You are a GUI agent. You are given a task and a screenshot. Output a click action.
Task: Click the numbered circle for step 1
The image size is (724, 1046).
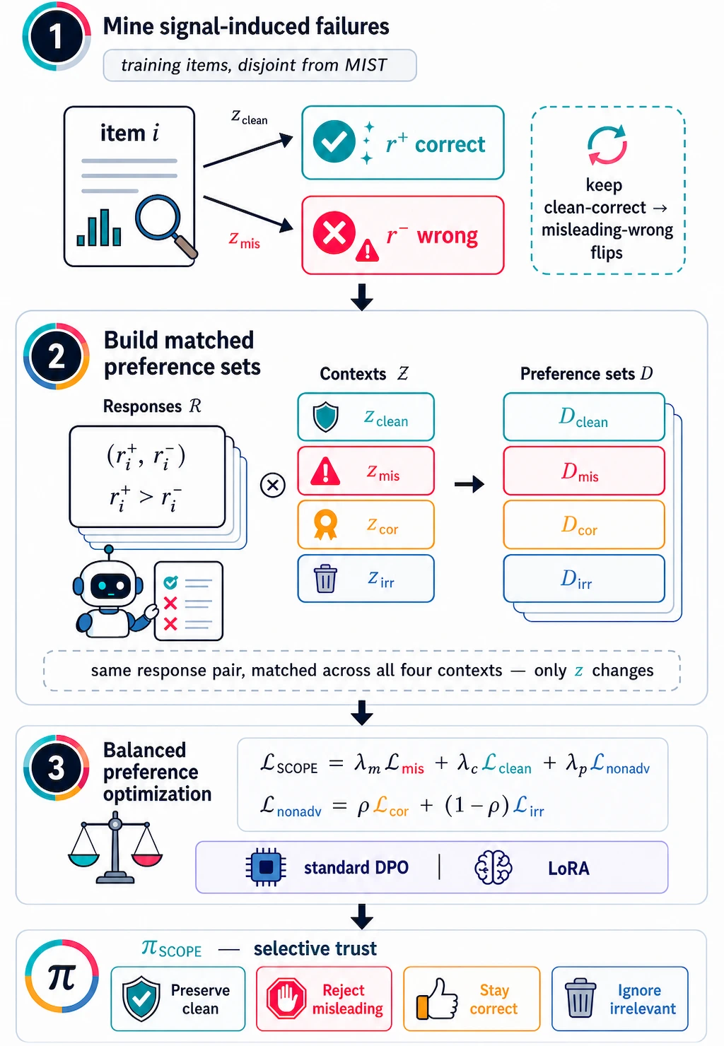tap(57, 37)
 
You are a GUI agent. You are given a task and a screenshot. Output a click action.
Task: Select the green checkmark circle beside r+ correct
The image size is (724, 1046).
tap(334, 141)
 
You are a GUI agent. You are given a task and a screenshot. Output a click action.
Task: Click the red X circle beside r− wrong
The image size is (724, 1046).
tap(334, 233)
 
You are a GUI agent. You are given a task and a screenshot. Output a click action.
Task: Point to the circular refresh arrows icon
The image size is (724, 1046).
tap(607, 144)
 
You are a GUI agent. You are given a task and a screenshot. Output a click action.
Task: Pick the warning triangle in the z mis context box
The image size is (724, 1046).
tap(325, 471)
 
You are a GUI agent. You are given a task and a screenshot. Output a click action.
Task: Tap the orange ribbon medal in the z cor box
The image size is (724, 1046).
tap(325, 524)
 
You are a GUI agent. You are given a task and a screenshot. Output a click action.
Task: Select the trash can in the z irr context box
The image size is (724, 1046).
tap(325, 579)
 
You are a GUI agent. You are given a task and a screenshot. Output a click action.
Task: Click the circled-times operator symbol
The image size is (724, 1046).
tap(273, 485)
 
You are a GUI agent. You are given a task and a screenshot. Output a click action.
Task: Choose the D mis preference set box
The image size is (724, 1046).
tap(584, 471)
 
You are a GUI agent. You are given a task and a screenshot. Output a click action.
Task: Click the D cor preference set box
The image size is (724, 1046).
tap(584, 524)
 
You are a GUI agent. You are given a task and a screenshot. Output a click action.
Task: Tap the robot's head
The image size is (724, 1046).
tap(108, 583)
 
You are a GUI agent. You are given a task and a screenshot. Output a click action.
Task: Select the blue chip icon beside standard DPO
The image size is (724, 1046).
tap(266, 867)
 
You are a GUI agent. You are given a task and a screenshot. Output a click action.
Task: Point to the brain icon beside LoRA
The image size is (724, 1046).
tap(494, 867)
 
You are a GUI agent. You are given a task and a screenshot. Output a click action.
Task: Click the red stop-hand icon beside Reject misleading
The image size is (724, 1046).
tap(286, 999)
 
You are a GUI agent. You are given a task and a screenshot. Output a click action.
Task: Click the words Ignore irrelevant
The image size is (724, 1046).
tap(642, 999)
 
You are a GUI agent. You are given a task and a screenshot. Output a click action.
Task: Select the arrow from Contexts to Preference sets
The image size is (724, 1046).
tap(469, 484)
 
